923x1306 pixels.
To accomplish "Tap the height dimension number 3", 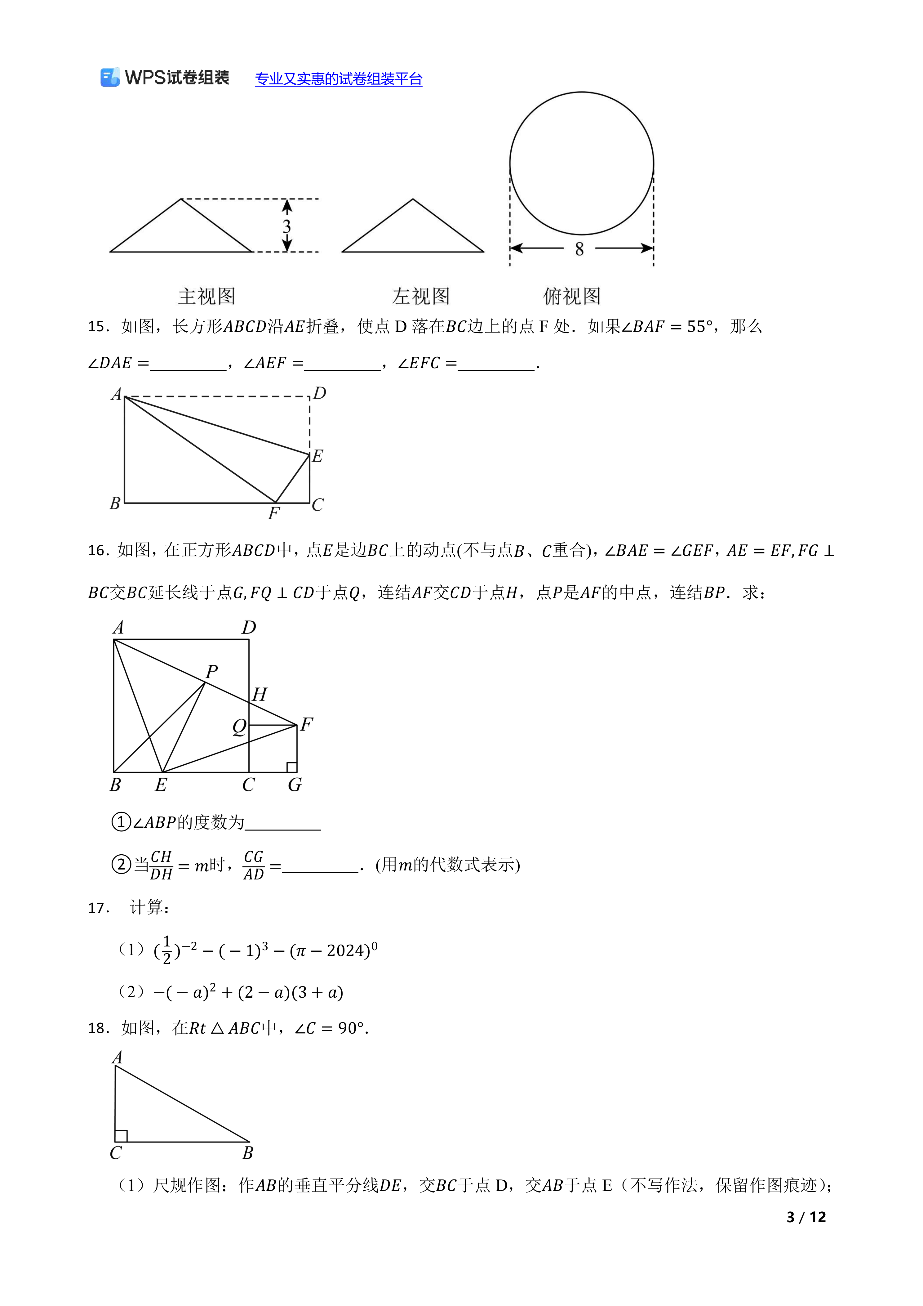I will [x=287, y=226].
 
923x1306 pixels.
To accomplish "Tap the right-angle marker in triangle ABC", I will [x=121, y=1136].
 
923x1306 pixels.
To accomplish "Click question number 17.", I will [x=98, y=908].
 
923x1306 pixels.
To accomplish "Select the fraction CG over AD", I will [x=254, y=865].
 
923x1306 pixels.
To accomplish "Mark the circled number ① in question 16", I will [x=121, y=822].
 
